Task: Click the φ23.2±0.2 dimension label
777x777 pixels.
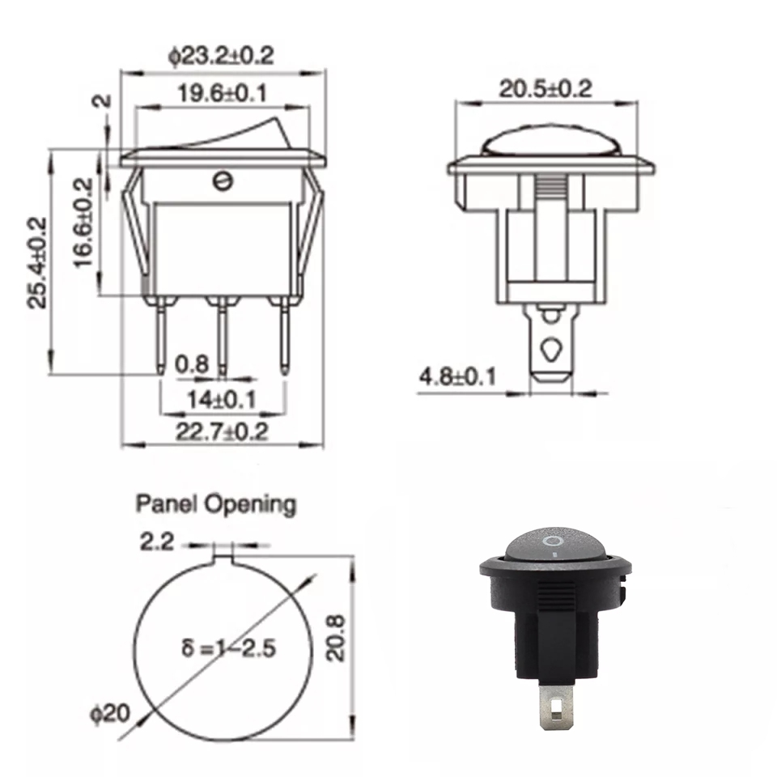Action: pos(220,57)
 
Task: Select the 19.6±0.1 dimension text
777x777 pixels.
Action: pos(222,93)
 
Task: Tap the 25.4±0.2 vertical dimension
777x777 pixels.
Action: pos(37,262)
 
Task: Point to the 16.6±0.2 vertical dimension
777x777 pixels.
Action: pos(83,223)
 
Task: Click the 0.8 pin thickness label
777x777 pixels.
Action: pos(193,365)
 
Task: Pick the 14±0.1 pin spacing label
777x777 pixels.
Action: pos(222,399)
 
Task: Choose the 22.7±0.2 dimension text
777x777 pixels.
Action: pos(222,431)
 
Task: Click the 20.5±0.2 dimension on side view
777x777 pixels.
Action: pos(546,89)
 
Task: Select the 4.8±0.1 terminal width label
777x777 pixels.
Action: pos(457,377)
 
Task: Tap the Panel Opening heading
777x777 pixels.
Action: pos(216,505)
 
